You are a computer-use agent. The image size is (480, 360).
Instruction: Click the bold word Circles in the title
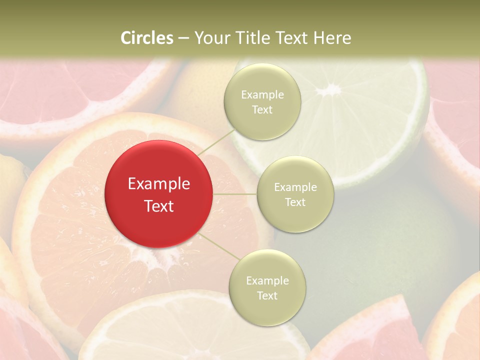pos(147,38)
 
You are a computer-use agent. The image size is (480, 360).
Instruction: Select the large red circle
pos(159,194)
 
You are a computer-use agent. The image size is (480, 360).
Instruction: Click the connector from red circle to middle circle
pos(235,194)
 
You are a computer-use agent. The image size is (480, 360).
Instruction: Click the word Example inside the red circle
pos(159,184)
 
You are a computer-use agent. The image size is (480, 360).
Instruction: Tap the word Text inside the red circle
pos(159,206)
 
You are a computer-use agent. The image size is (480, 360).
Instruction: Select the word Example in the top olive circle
pos(262,95)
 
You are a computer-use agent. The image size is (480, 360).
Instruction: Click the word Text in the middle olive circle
pos(295,202)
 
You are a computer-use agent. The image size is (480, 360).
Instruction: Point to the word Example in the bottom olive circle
pos(267,281)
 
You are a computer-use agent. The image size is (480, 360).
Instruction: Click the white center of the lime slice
pos(328,90)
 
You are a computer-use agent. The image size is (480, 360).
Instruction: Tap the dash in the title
pos(183,38)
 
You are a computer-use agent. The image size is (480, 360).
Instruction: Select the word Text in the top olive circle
pos(262,110)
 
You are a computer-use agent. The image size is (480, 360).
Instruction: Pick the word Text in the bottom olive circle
pos(267,295)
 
